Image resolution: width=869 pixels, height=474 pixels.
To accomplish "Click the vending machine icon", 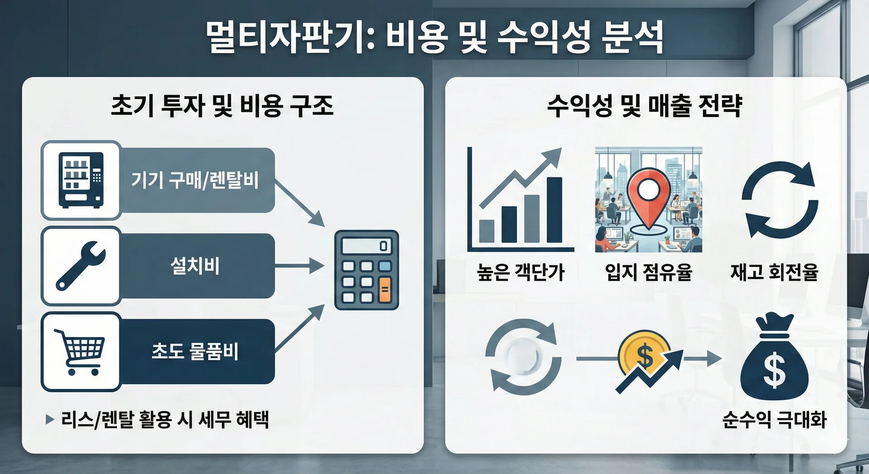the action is pyautogui.click(x=81, y=180).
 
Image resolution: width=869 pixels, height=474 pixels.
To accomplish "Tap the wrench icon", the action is pyautogui.click(x=81, y=266).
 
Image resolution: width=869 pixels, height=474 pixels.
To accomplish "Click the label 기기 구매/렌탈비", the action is pyautogui.click(x=195, y=180).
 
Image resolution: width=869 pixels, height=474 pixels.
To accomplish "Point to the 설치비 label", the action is pyautogui.click(x=195, y=266).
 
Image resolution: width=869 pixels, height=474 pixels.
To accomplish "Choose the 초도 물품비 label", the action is pyautogui.click(x=195, y=351).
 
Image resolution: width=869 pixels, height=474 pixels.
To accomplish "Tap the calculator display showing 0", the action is pyautogui.click(x=366, y=246).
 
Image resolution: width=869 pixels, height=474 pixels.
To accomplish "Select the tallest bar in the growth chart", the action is pyautogui.click(x=554, y=210).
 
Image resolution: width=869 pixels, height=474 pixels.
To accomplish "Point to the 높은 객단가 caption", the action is pyautogui.click(x=520, y=273).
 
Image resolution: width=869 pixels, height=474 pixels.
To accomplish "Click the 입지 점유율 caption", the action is pyautogui.click(x=649, y=273).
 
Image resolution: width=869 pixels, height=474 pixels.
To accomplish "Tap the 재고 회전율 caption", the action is pyautogui.click(x=774, y=273).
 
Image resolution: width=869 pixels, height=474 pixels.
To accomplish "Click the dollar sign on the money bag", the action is pyautogui.click(x=774, y=370).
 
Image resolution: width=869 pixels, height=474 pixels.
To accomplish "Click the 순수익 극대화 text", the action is pyautogui.click(x=774, y=420).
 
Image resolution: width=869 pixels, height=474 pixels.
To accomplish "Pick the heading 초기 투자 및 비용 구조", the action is pyautogui.click(x=222, y=105).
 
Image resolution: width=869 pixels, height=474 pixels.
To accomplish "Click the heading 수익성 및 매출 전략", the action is pyautogui.click(x=645, y=105).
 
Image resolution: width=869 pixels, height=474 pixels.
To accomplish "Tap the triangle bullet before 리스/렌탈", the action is pyautogui.click(x=50, y=419).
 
